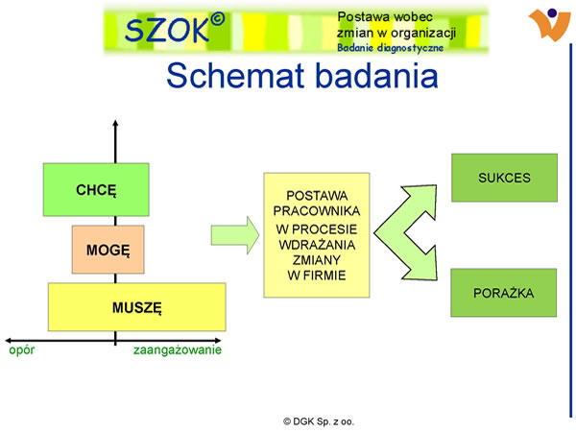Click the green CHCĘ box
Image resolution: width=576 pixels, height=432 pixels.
click(96, 189)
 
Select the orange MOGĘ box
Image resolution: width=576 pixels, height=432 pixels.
click(108, 250)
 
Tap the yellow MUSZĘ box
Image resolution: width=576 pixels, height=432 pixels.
click(137, 307)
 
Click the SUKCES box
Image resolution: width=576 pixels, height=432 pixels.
click(504, 178)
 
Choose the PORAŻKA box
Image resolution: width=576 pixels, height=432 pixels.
click(504, 293)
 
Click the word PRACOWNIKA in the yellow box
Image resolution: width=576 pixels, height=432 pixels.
click(317, 211)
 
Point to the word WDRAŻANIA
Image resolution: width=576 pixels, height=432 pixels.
click(317, 245)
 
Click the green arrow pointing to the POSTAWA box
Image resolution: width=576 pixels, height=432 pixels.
click(235, 235)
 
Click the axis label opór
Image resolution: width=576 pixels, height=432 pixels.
click(22, 350)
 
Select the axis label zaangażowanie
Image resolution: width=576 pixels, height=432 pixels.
click(178, 349)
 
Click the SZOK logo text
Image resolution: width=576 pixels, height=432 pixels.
click(167, 30)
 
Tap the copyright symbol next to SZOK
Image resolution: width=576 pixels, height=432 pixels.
click(218, 19)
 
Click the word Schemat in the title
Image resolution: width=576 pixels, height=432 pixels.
click(236, 75)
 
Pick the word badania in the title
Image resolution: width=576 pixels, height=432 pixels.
click(377, 75)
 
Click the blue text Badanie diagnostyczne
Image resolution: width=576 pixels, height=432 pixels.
click(390, 48)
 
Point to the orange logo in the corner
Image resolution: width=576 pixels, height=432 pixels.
click(549, 24)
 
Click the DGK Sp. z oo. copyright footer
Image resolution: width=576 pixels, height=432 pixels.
click(319, 421)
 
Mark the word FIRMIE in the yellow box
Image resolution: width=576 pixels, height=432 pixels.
click(324, 276)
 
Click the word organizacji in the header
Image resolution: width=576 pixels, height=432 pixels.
click(423, 33)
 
